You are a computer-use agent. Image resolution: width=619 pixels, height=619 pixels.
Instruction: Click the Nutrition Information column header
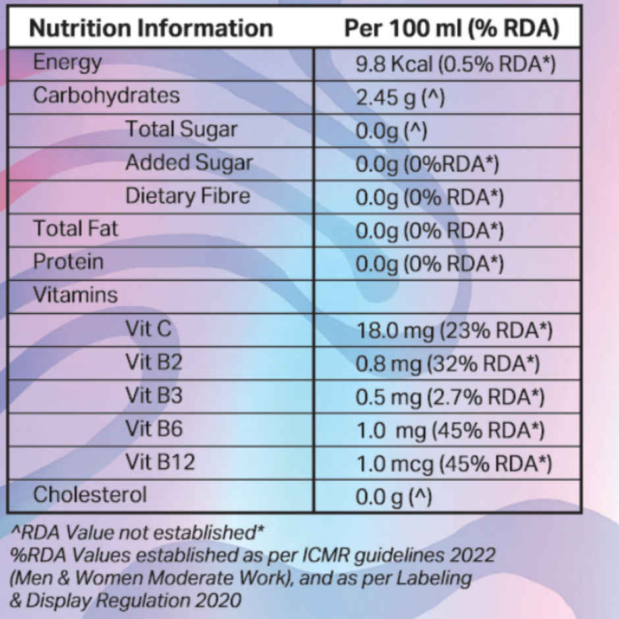coord(151,28)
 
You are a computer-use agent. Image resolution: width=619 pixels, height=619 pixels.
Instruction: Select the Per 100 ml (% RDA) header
coord(452,28)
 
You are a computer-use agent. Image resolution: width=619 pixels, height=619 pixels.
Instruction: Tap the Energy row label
coord(68,63)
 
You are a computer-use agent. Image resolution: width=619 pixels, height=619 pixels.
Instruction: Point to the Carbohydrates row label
coord(106,95)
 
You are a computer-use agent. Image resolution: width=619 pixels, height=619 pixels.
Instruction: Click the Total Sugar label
coord(181,129)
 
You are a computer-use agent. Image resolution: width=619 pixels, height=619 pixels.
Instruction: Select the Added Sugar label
coord(189,163)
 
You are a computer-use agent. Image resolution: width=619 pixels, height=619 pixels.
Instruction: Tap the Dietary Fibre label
coord(188,196)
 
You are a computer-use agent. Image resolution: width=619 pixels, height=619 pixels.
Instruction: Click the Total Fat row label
coord(76,229)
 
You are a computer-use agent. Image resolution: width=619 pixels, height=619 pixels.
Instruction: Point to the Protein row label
coord(68,261)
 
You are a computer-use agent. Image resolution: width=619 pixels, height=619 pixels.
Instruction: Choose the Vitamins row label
coord(75,295)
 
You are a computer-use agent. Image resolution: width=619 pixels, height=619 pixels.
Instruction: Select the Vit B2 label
coord(153,362)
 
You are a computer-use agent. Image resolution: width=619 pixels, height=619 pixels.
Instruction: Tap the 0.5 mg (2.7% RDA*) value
coord(450,397)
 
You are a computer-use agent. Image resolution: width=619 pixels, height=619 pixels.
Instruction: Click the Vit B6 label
coord(154,429)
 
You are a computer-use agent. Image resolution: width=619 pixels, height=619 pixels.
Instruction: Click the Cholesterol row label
coord(90,495)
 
